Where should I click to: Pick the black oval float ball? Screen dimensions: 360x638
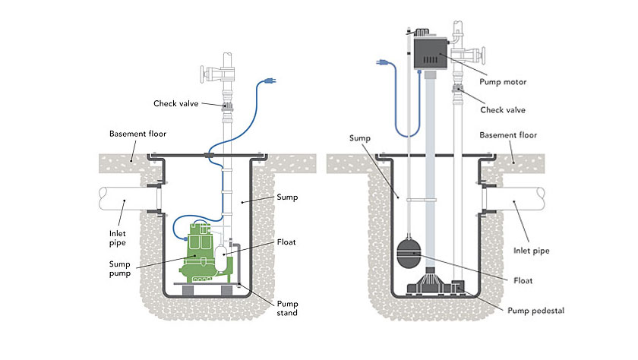(411, 251)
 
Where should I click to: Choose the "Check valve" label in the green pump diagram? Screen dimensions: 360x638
(176, 103)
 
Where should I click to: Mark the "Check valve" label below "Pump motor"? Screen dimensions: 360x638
(502, 109)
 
